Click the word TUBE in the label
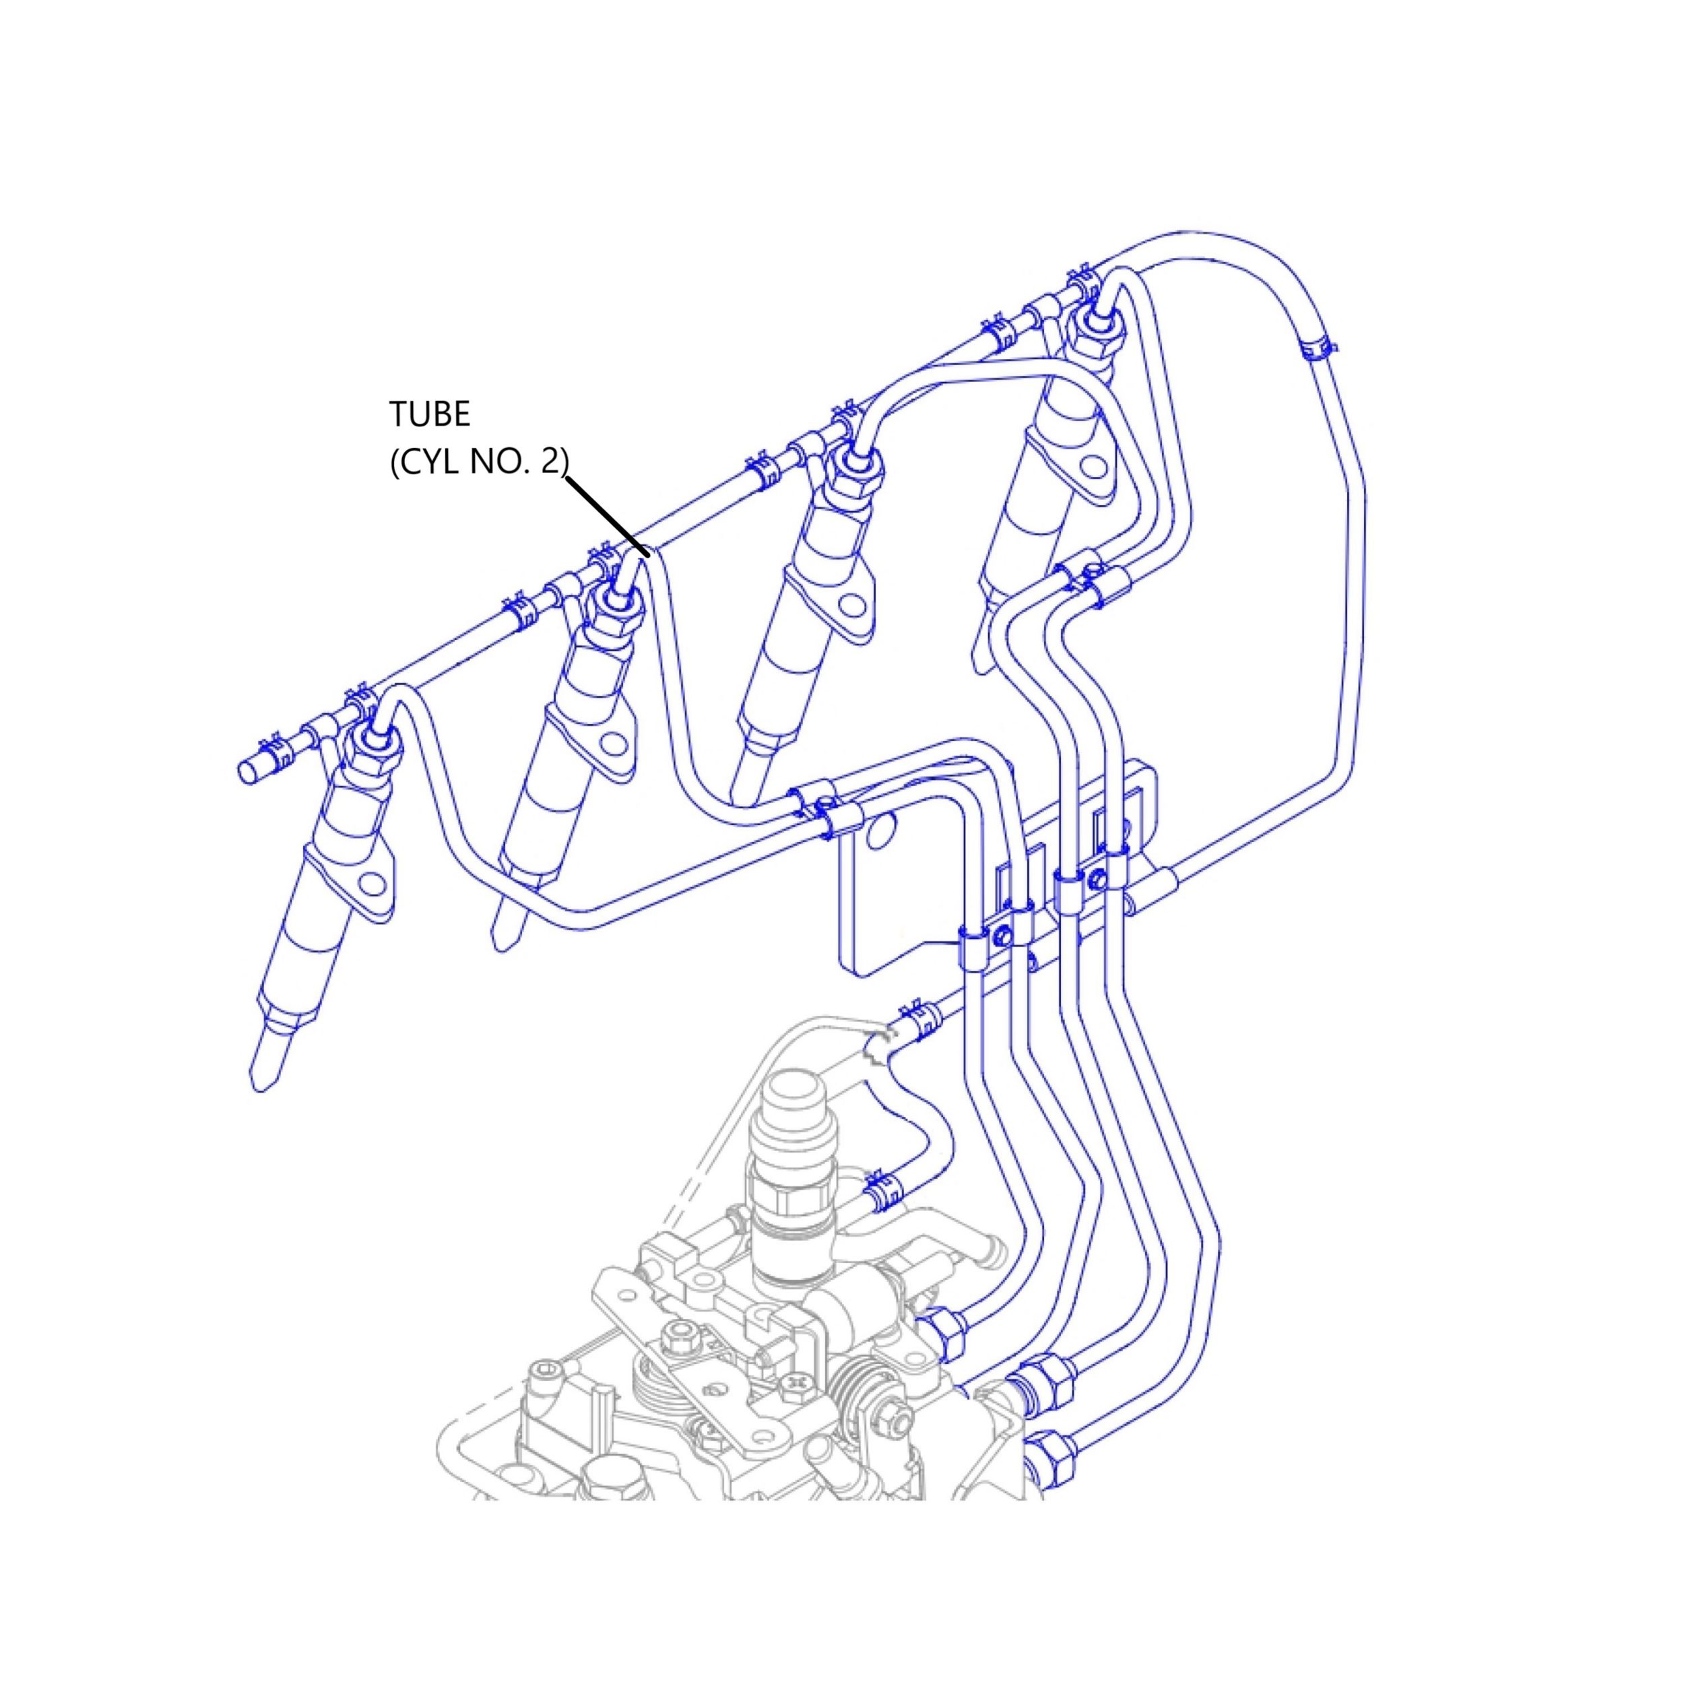pos(430,415)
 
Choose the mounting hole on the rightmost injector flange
pos(1093,465)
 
